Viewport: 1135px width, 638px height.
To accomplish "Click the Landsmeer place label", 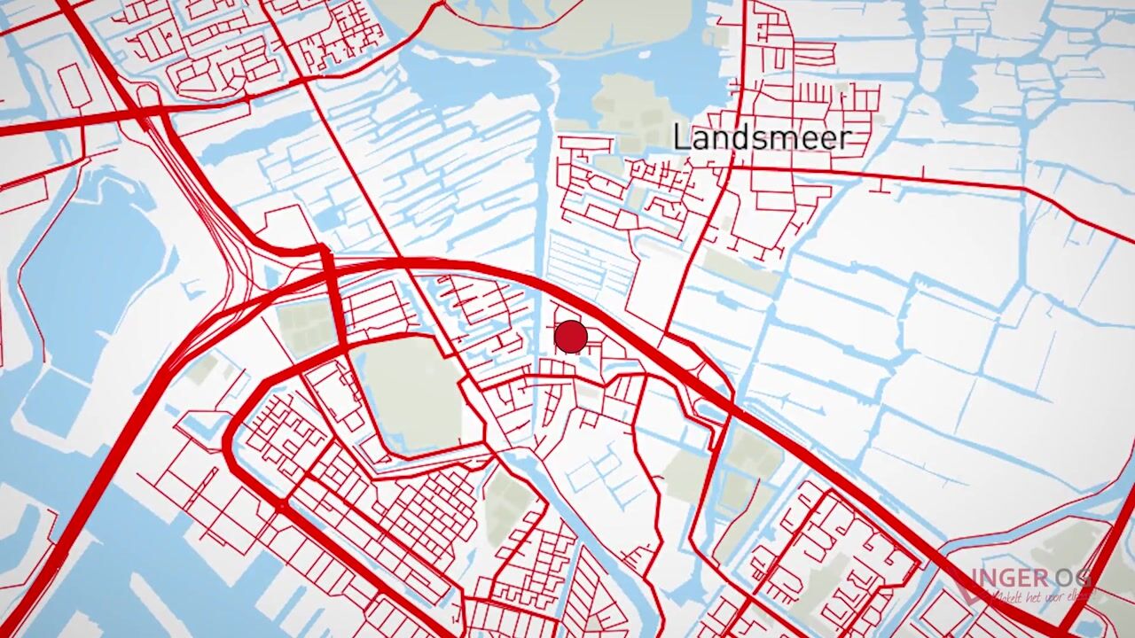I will click(x=762, y=137).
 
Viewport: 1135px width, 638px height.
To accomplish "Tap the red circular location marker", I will click(x=570, y=337).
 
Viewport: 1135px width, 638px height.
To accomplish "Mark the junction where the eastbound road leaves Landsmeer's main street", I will click(x=732, y=167).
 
